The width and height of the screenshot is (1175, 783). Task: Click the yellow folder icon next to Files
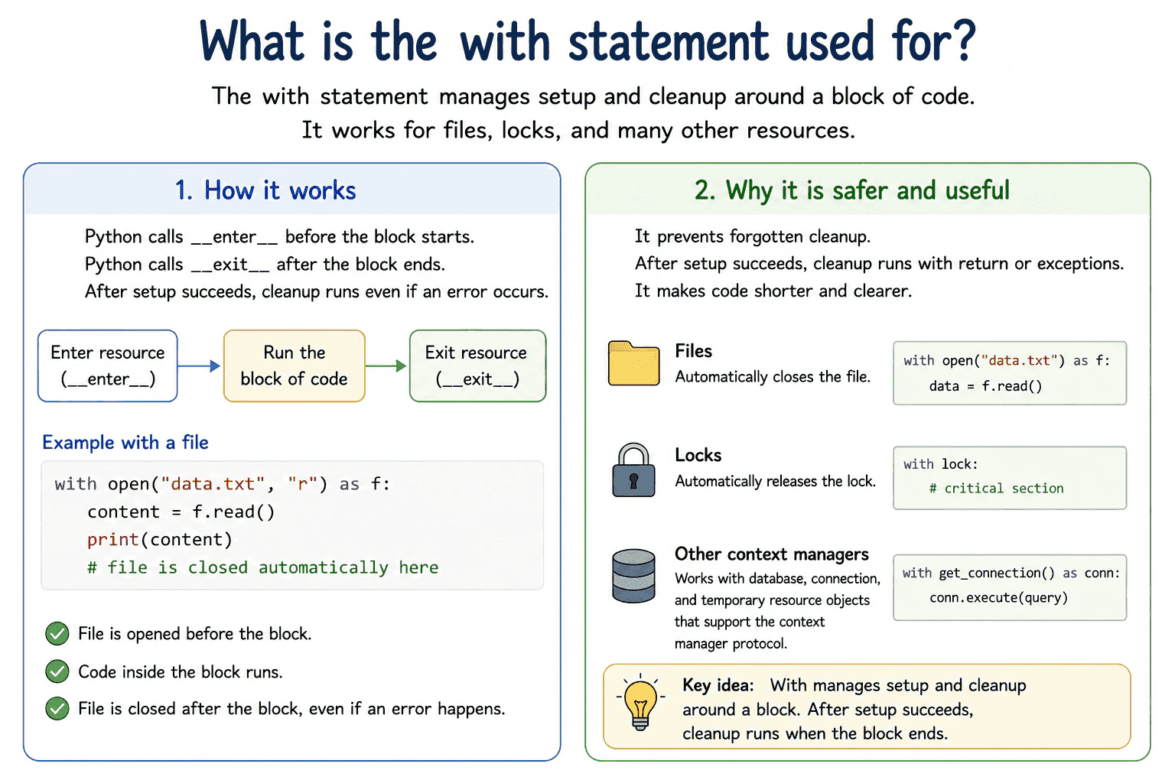tap(633, 363)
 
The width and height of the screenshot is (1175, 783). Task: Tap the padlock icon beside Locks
tap(633, 470)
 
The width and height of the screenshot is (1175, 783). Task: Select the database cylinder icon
tap(633, 575)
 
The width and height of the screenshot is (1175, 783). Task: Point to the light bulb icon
tap(640, 703)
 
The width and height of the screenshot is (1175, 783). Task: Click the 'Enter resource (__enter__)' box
tap(108, 366)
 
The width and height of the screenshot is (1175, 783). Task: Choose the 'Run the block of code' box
tap(295, 366)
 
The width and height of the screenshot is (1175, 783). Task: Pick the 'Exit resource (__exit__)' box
tap(477, 366)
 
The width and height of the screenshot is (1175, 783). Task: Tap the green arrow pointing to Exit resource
tap(386, 366)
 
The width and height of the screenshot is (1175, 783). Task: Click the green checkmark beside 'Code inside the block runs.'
tap(57, 671)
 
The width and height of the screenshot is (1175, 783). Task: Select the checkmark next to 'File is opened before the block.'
tap(57, 634)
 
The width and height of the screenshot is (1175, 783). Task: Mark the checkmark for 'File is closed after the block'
tap(57, 709)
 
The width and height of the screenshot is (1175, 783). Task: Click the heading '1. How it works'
tap(265, 190)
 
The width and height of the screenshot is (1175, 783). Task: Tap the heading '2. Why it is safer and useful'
tap(852, 190)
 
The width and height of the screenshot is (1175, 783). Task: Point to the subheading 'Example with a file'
tap(125, 443)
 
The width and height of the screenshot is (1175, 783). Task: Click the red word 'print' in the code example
tap(112, 540)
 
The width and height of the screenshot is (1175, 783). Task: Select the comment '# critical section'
tap(997, 489)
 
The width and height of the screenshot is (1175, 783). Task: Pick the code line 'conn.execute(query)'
tap(999, 597)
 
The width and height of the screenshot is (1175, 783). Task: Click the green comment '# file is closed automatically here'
tap(263, 567)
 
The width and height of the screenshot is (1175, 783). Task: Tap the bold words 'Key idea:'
tap(718, 685)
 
